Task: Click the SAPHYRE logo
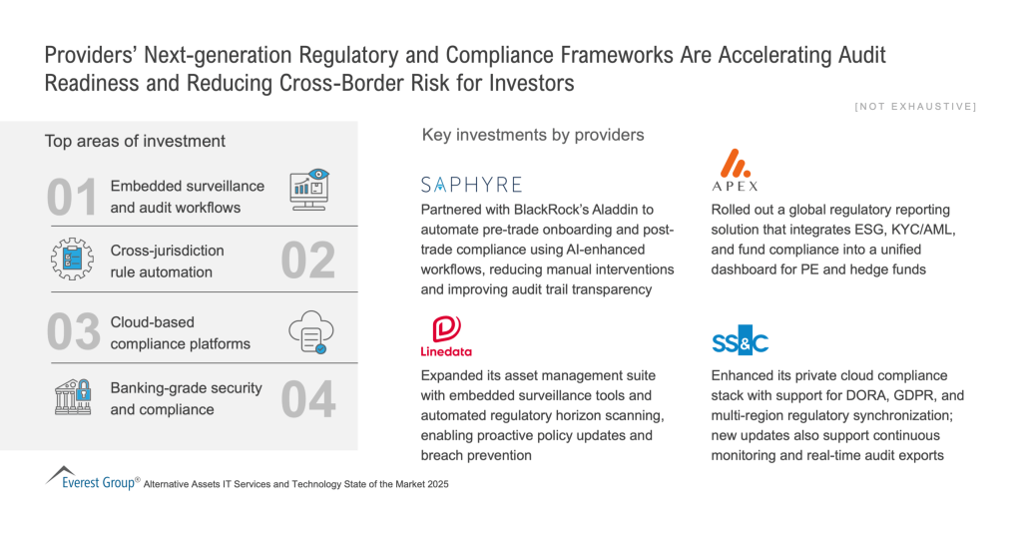click(x=471, y=185)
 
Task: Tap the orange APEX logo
click(x=736, y=170)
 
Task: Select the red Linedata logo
click(x=446, y=336)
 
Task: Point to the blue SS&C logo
click(x=740, y=340)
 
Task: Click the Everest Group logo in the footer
click(x=92, y=478)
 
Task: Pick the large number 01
click(x=72, y=197)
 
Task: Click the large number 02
click(x=308, y=261)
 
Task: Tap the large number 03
click(x=74, y=332)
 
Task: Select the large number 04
click(x=308, y=399)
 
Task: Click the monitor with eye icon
click(x=309, y=190)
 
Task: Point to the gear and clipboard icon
click(x=72, y=260)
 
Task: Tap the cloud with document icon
click(x=311, y=332)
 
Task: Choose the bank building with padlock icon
click(x=73, y=397)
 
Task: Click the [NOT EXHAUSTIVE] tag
click(x=915, y=106)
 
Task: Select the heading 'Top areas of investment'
click(x=135, y=141)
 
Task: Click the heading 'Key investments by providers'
click(x=533, y=135)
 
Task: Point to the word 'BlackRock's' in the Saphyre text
click(x=551, y=210)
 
